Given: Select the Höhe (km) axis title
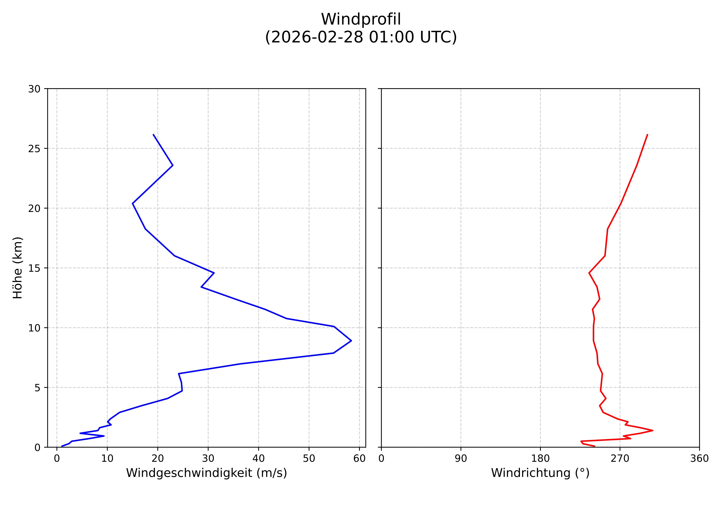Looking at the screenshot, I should (18, 268).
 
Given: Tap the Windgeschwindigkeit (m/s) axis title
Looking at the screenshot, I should (206, 473).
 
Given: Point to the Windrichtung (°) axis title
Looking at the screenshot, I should (540, 473).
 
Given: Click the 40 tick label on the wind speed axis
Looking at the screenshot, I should (259, 459).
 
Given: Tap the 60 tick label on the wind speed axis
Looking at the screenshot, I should (359, 459).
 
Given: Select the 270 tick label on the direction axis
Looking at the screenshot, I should (620, 459).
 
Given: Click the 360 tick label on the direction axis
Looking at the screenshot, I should (699, 459).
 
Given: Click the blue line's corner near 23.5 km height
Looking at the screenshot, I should (173, 165).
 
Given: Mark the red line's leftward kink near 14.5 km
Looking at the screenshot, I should (589, 273).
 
